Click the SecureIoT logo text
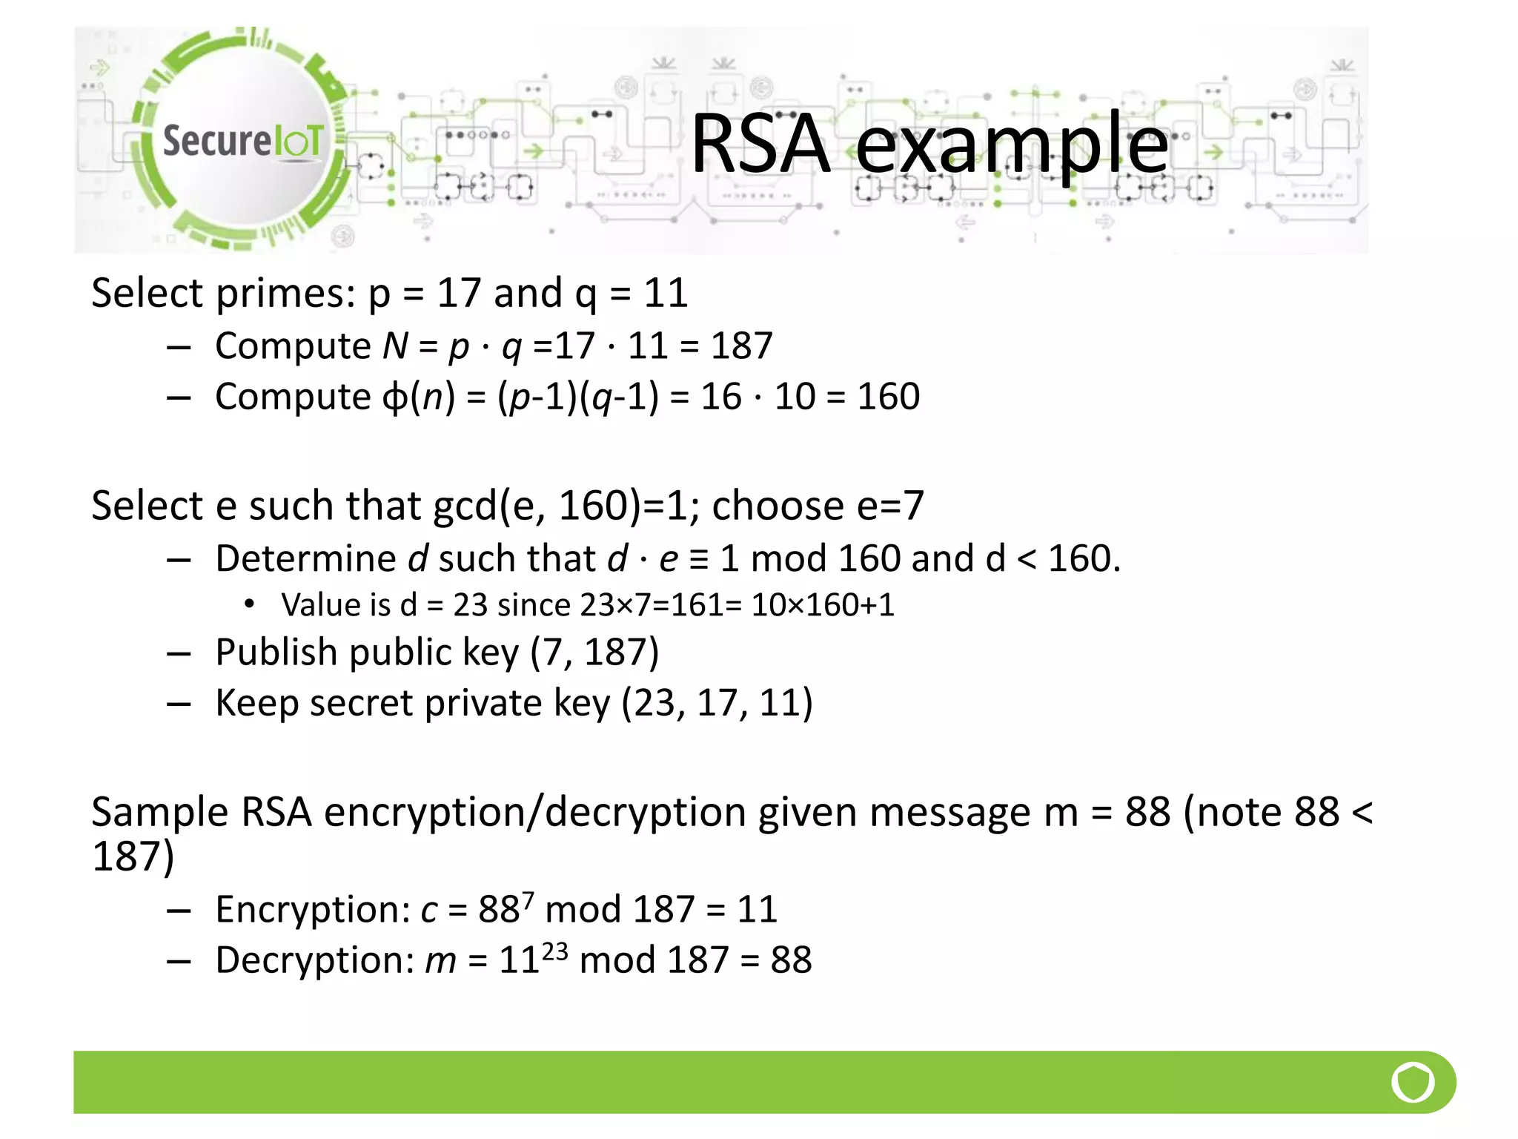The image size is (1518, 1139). coord(242,140)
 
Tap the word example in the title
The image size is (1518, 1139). coord(1011,145)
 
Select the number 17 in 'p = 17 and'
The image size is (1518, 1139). coord(459,293)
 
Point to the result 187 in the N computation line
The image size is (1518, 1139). coord(741,346)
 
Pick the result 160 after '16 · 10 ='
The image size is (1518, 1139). coord(888,397)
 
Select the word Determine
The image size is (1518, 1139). coord(305,558)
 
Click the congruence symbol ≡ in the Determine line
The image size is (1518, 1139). coord(698,559)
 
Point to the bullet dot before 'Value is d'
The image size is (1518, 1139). coord(250,604)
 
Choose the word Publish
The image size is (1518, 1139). coord(276,653)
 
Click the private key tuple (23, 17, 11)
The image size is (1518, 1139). coord(717,703)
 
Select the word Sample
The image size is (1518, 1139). coord(159,813)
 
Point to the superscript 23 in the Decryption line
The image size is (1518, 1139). coord(554,950)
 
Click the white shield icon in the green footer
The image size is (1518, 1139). coord(1413,1083)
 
